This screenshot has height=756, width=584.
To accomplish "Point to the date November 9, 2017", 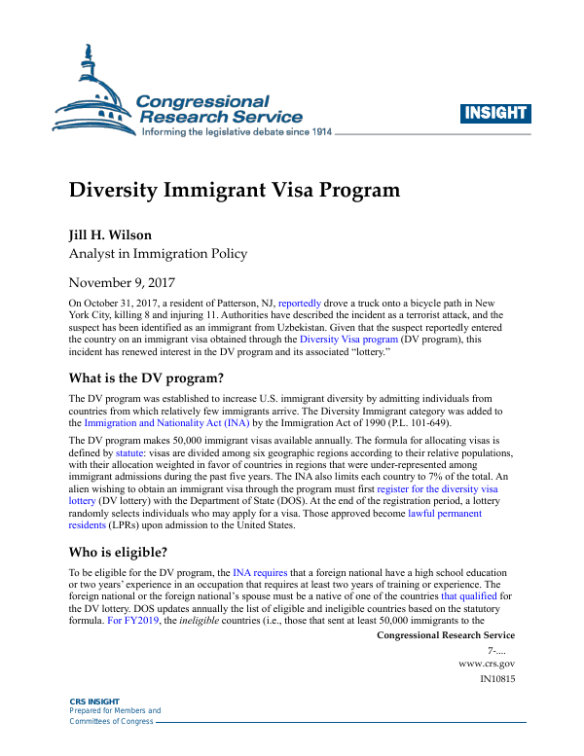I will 128,283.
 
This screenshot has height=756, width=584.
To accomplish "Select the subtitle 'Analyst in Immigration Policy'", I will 157,254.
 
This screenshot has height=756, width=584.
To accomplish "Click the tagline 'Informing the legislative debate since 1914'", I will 237,131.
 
